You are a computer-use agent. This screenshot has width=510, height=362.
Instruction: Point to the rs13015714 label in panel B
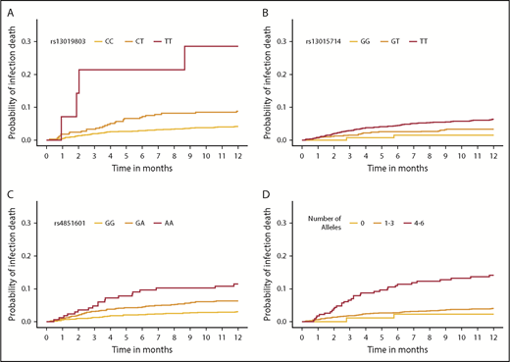[330, 40]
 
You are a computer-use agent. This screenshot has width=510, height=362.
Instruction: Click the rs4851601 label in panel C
[73, 223]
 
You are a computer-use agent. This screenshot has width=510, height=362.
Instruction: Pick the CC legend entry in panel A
[124, 40]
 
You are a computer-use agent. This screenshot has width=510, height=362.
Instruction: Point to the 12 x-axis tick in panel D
[491, 332]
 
